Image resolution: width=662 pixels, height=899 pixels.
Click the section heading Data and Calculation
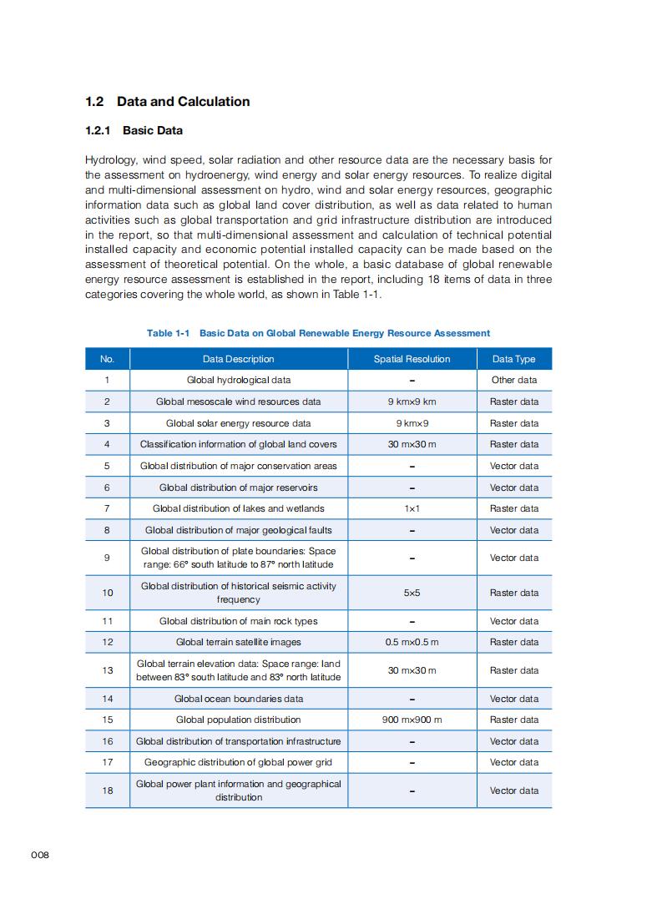[x=167, y=102]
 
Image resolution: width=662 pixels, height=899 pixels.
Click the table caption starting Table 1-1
[x=318, y=333]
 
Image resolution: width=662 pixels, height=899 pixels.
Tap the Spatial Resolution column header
[x=412, y=359]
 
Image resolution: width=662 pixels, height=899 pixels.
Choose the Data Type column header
[x=513, y=359]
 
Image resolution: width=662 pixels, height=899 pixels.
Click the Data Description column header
[x=238, y=359]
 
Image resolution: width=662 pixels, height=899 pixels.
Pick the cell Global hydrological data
[x=238, y=380]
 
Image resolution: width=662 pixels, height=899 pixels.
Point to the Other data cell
[x=513, y=380]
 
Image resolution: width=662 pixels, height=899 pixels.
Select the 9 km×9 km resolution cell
[x=412, y=402]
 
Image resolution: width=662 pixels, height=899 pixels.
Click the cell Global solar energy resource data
[x=238, y=423]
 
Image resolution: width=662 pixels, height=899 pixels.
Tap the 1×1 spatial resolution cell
[x=412, y=508]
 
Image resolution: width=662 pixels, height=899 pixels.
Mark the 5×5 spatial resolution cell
[x=412, y=593]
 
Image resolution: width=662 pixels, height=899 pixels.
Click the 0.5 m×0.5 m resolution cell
[x=412, y=642]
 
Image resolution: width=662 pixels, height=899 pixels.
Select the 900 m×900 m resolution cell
[x=412, y=720]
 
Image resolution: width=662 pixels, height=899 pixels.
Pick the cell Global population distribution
[x=238, y=720]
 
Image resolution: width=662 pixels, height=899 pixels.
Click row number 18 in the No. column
[x=107, y=790]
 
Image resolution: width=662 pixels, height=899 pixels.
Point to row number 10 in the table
[x=107, y=593]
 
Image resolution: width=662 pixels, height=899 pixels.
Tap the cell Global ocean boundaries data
[x=238, y=699]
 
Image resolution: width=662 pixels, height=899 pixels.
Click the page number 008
[x=40, y=855]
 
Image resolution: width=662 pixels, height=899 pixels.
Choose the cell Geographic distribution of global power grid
[x=238, y=762]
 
